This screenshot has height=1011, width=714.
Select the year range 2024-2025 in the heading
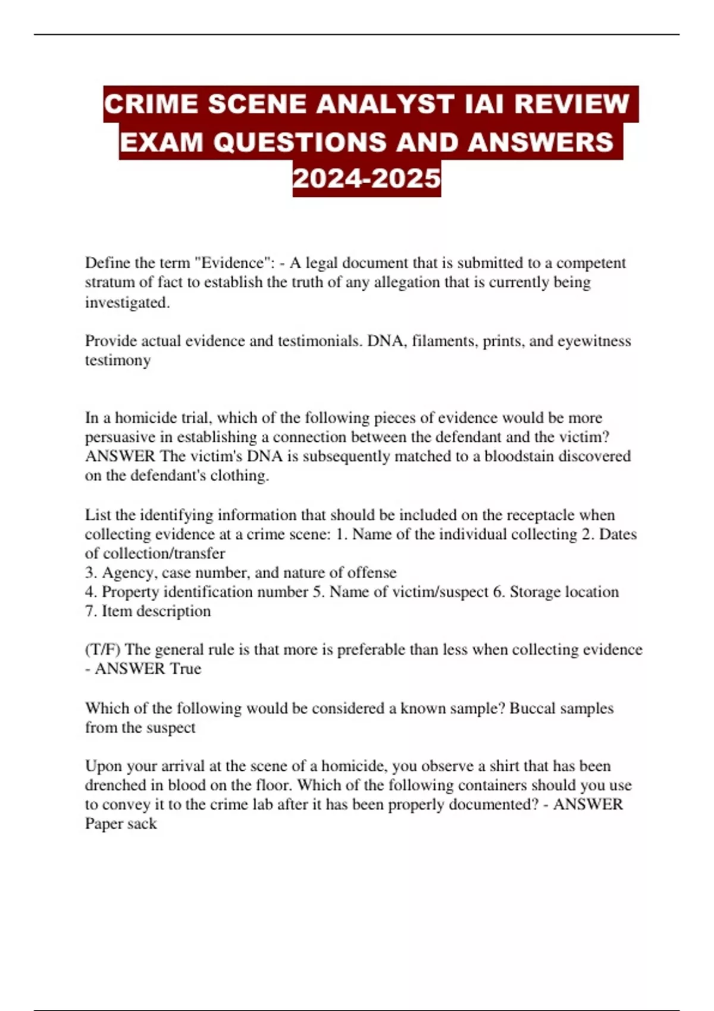[367, 178]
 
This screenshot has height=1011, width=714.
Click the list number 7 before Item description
[89, 611]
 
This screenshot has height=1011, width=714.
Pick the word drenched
[115, 785]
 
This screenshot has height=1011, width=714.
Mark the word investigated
[127, 302]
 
